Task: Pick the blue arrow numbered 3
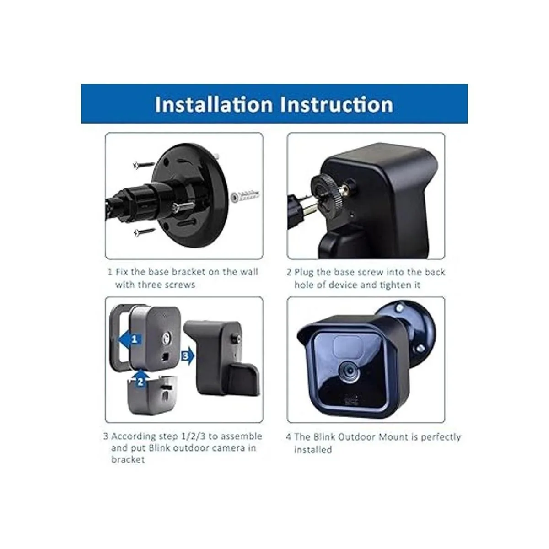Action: point(187,356)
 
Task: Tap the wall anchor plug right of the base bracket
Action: point(245,196)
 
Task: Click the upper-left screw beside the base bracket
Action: point(144,165)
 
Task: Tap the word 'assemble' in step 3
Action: point(241,436)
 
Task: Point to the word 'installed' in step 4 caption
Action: point(313,450)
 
